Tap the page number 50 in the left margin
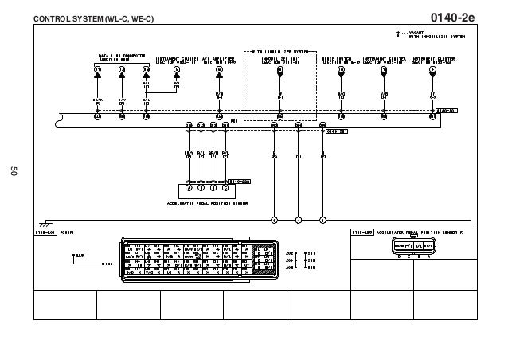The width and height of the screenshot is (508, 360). click(x=14, y=170)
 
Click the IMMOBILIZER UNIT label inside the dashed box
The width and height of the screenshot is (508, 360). click(x=279, y=59)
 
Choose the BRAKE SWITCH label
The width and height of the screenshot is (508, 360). click(x=341, y=59)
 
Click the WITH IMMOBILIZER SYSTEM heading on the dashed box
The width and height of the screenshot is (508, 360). click(x=279, y=51)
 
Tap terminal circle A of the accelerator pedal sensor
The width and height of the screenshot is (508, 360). click(x=190, y=189)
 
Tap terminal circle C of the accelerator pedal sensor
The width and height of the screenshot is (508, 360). click(x=225, y=189)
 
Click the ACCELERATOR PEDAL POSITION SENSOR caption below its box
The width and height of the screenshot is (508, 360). click(x=207, y=203)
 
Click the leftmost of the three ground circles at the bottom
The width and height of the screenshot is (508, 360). click(x=274, y=220)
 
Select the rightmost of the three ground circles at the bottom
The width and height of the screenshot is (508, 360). click(x=322, y=220)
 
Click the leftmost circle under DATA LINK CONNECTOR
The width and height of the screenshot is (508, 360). click(x=98, y=70)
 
